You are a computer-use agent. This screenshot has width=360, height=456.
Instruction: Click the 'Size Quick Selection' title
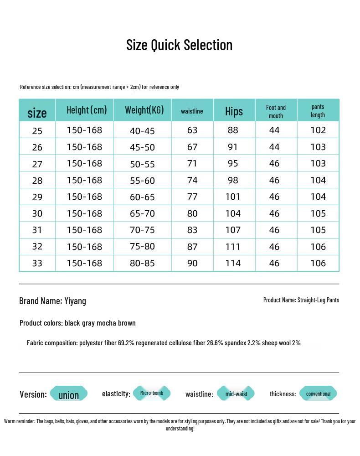pos(179,45)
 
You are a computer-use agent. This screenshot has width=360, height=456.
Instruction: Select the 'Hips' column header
pos(234,111)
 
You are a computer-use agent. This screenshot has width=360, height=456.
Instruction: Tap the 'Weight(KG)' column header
pos(144,110)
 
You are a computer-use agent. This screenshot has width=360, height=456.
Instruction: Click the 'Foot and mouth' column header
pos(276,112)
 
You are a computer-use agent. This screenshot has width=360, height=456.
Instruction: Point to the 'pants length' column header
pos(318,111)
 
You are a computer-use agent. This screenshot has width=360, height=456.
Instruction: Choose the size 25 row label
pos(37,131)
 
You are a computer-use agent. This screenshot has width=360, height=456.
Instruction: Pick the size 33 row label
pos(37,263)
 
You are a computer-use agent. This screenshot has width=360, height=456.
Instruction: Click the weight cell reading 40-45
pos(142,131)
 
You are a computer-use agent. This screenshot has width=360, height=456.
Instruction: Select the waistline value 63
pos(192,130)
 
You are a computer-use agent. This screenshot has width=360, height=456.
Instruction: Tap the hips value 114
pos(233,263)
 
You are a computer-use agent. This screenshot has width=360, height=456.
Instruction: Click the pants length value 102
pos(318,130)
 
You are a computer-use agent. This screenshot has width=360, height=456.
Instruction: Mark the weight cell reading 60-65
pos(142,197)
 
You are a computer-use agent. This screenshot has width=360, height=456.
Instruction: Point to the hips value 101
pos(233,197)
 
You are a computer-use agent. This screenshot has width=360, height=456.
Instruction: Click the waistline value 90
pos(192,263)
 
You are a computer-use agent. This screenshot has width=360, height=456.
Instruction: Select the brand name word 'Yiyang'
pos(75,301)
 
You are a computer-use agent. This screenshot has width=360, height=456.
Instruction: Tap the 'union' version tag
pos(68,395)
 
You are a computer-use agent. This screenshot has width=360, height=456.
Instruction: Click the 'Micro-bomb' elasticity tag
pos(152,393)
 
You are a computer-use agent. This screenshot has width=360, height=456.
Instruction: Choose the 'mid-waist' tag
pos(236,394)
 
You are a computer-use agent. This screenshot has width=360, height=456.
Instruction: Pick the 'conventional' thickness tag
pos(318,394)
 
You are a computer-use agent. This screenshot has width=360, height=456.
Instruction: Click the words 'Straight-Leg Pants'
pos(318,300)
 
